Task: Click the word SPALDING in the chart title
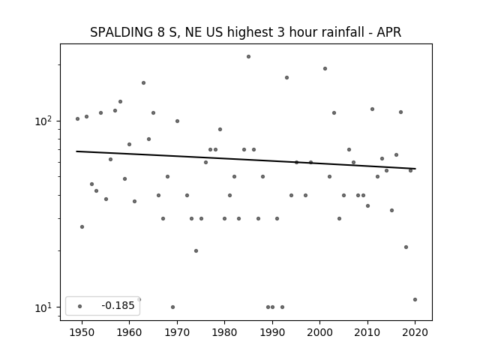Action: (121, 32)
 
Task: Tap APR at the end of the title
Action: (388, 32)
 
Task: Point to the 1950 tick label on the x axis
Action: (82, 332)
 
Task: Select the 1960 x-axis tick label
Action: (129, 332)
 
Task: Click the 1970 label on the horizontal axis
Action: (177, 332)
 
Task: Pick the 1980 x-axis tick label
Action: (224, 332)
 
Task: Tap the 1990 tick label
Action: (272, 332)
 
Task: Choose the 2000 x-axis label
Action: (320, 332)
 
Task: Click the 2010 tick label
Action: (367, 332)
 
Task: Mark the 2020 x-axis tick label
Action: (415, 332)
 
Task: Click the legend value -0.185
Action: (118, 305)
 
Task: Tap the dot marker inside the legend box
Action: (80, 306)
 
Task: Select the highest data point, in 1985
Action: (248, 57)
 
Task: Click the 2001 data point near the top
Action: (325, 68)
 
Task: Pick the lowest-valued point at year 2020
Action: (415, 299)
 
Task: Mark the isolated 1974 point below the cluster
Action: (196, 250)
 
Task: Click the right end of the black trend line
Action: (415, 169)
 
